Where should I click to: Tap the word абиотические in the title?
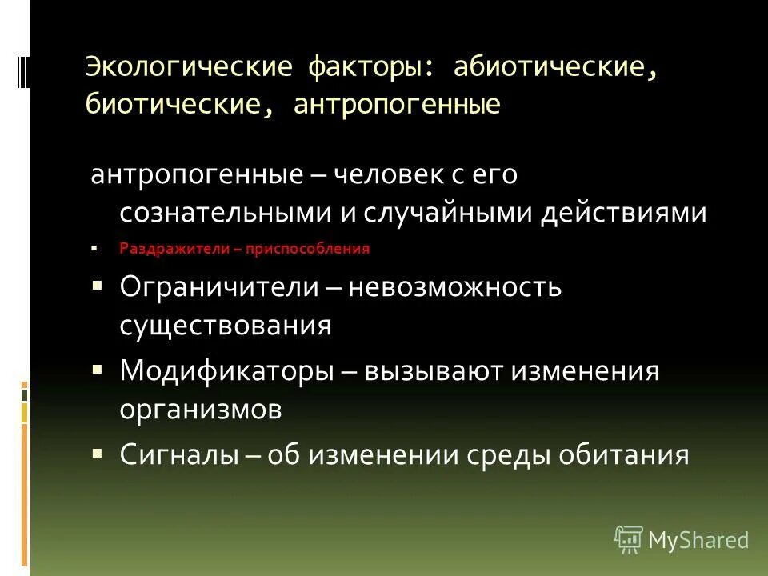click(x=556, y=66)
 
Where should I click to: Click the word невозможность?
click(x=454, y=287)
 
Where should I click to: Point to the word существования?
click(x=226, y=325)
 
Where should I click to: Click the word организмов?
click(x=201, y=410)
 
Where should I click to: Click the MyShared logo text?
click(x=698, y=540)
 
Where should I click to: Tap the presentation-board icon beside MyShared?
click(x=629, y=539)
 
